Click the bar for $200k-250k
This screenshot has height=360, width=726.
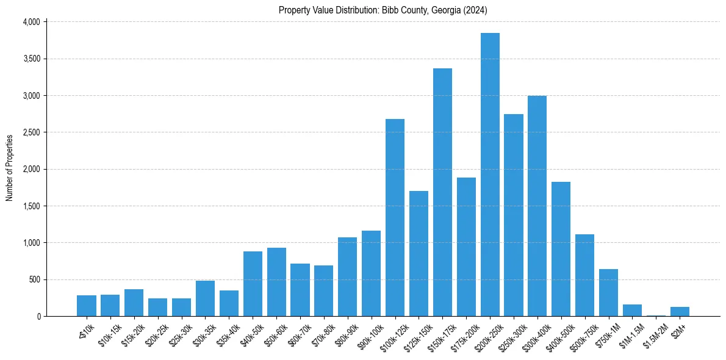pyautogui.click(x=490, y=175)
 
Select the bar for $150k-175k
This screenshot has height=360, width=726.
pyautogui.click(x=442, y=192)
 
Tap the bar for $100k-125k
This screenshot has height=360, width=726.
pyautogui.click(x=395, y=217)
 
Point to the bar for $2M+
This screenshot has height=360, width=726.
pyautogui.click(x=680, y=312)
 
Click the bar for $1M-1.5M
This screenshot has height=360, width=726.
pyautogui.click(x=632, y=310)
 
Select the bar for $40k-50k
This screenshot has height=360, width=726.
pyautogui.click(x=253, y=284)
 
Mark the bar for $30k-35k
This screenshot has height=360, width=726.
pyautogui.click(x=205, y=298)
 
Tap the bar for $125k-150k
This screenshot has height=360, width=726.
pyautogui.click(x=419, y=253)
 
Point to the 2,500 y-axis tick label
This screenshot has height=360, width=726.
pyautogui.click(x=31, y=132)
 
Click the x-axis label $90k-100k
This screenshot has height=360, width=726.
pyautogui.click(x=368, y=334)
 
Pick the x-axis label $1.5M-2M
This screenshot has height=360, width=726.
pyautogui.click(x=653, y=334)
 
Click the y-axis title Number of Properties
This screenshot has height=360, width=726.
pyautogui.click(x=9, y=168)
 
